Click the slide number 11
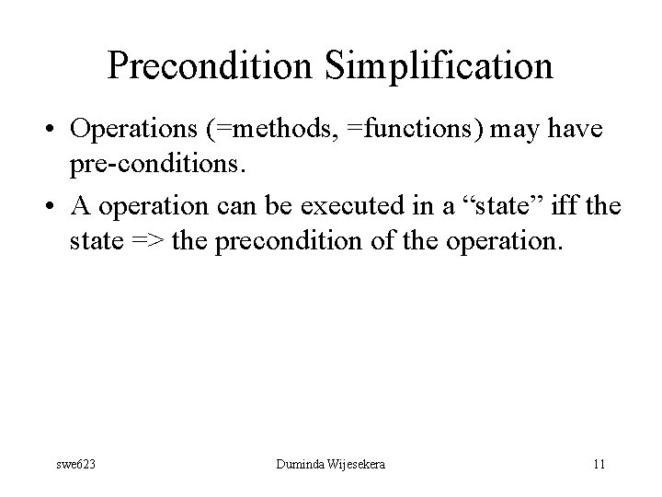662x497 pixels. pyautogui.click(x=599, y=464)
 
